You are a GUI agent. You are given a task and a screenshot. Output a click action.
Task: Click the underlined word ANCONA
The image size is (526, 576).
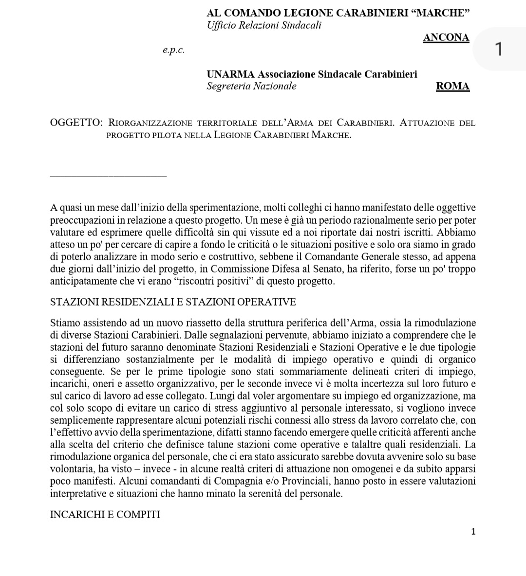coord(446,37)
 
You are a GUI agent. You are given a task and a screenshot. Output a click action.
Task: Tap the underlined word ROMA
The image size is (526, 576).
coord(452,86)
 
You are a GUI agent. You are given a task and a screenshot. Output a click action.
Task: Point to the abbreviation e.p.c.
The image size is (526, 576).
coord(174,50)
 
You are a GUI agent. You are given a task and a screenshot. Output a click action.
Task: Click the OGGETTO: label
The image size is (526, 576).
coord(76,123)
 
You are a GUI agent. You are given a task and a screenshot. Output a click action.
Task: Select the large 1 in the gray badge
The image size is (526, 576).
coord(498,49)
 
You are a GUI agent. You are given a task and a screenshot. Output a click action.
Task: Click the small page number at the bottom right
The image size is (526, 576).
coord(473,531)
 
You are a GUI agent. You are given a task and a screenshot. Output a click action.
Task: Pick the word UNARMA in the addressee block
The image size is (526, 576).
coord(230,74)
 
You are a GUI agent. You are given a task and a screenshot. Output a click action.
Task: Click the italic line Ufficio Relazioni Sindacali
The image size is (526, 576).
coord(264,25)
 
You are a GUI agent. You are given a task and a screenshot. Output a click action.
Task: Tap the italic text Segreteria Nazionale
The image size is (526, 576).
coord(251,86)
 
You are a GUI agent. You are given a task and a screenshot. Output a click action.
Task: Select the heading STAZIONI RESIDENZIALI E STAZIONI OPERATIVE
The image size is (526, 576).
coord(173,302)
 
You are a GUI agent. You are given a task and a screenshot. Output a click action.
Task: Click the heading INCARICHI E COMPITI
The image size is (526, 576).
coord(105,514)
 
